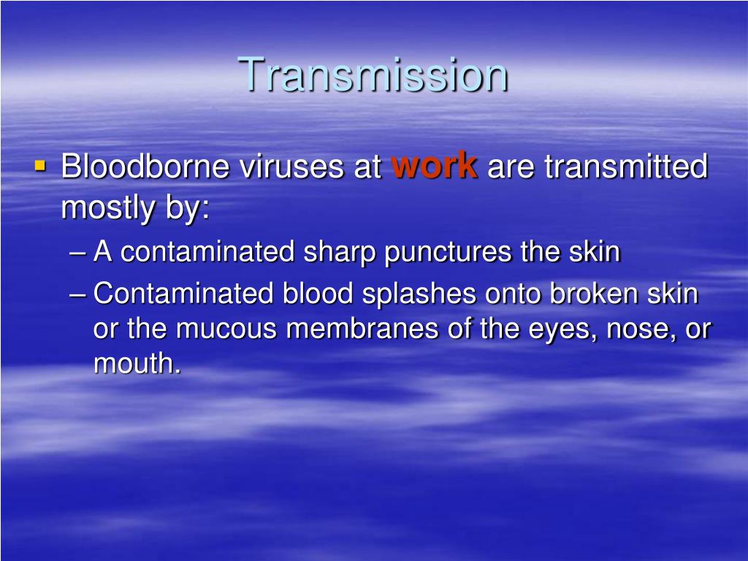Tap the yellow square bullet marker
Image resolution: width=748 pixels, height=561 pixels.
point(40,166)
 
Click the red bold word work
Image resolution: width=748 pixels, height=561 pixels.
point(435,165)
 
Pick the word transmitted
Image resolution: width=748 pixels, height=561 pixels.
point(626,167)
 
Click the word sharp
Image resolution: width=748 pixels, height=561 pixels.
point(339,252)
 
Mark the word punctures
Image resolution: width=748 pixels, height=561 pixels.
point(449,253)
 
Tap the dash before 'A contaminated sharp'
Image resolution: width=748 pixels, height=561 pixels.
point(80,253)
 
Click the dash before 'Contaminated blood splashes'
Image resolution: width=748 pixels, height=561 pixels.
point(80,295)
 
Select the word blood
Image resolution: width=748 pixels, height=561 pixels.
point(313,294)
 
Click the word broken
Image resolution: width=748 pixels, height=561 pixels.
point(592,294)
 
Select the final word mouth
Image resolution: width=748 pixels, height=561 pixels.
point(137,364)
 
